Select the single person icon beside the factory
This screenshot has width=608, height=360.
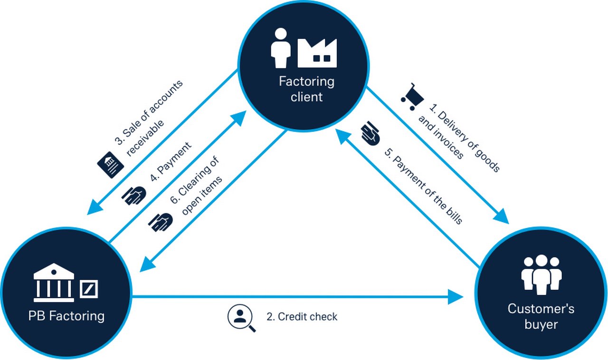[280, 47]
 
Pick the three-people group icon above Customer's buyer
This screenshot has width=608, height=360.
[541, 274]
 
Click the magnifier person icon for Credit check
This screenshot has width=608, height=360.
[241, 318]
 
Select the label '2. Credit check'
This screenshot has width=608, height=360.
[302, 317]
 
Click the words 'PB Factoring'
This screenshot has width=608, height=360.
[66, 315]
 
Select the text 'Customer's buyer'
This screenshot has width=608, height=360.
[541, 317]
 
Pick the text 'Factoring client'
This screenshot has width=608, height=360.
[306, 89]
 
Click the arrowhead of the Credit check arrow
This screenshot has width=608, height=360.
[456, 298]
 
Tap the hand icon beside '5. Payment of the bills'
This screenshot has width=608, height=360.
[371, 133]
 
